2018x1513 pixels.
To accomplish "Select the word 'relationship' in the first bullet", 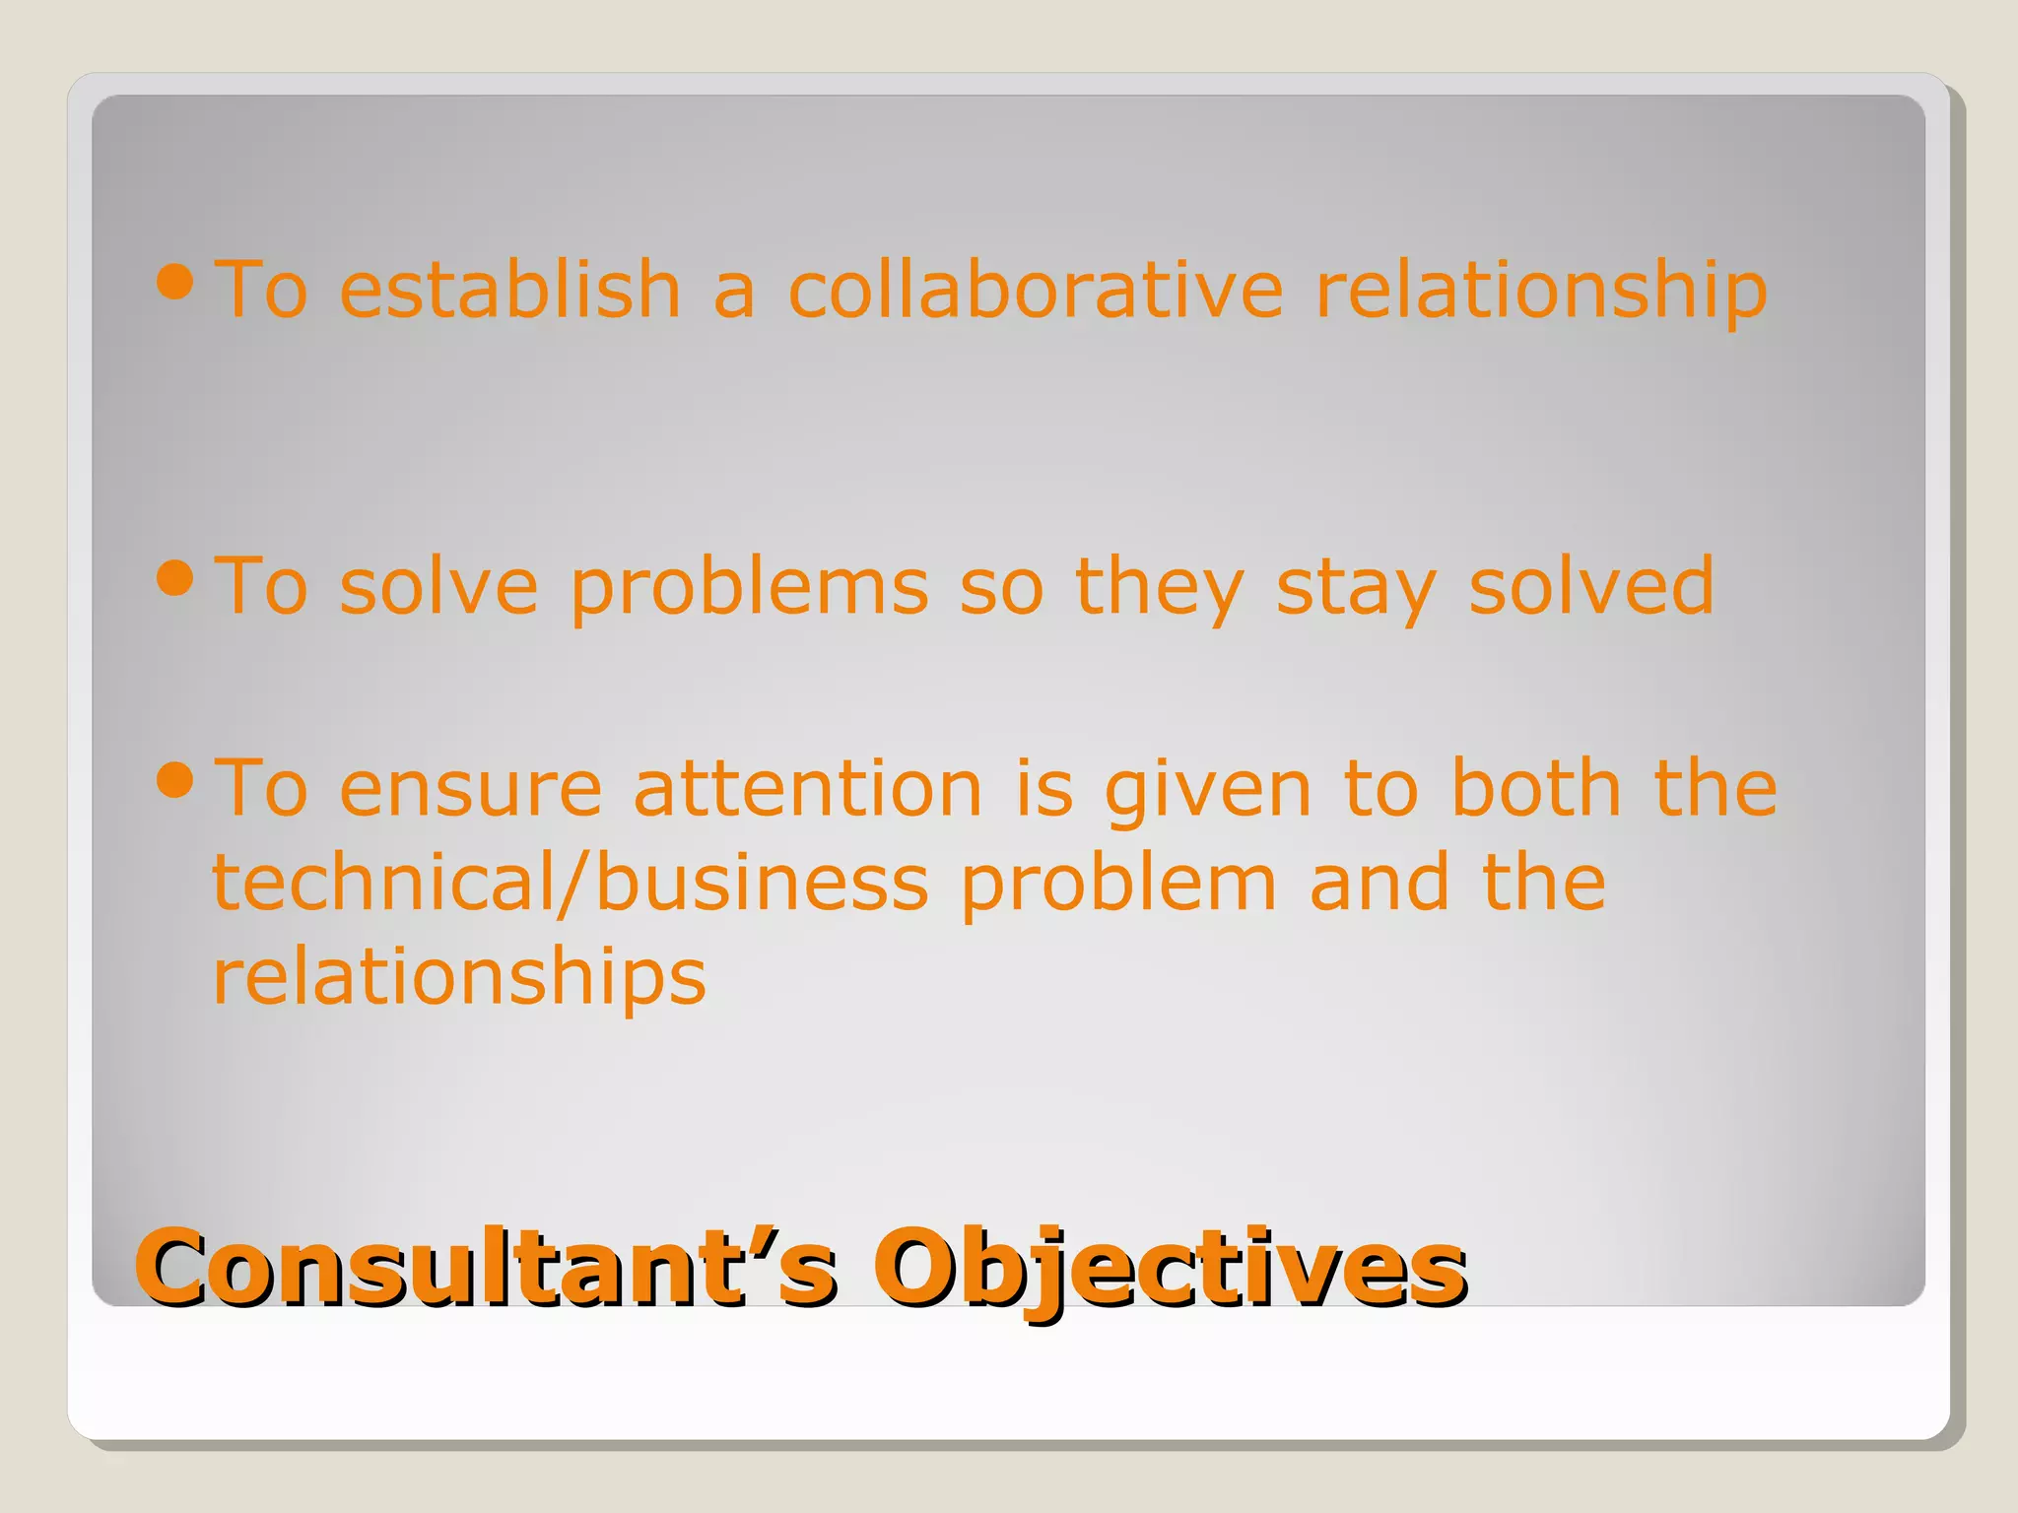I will click(x=1541, y=292).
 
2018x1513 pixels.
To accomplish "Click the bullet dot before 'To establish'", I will click(x=175, y=283).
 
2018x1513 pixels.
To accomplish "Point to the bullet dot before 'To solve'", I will click(x=175, y=578).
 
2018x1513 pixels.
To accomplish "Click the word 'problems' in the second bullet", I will click(x=750, y=589).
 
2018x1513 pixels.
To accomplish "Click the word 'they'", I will click(x=1160, y=587).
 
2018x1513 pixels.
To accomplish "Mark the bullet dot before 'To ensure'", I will click(x=175, y=780).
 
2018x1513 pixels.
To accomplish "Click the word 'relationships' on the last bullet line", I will click(x=459, y=977).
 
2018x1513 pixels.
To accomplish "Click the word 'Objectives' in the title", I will click(x=1170, y=1269).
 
